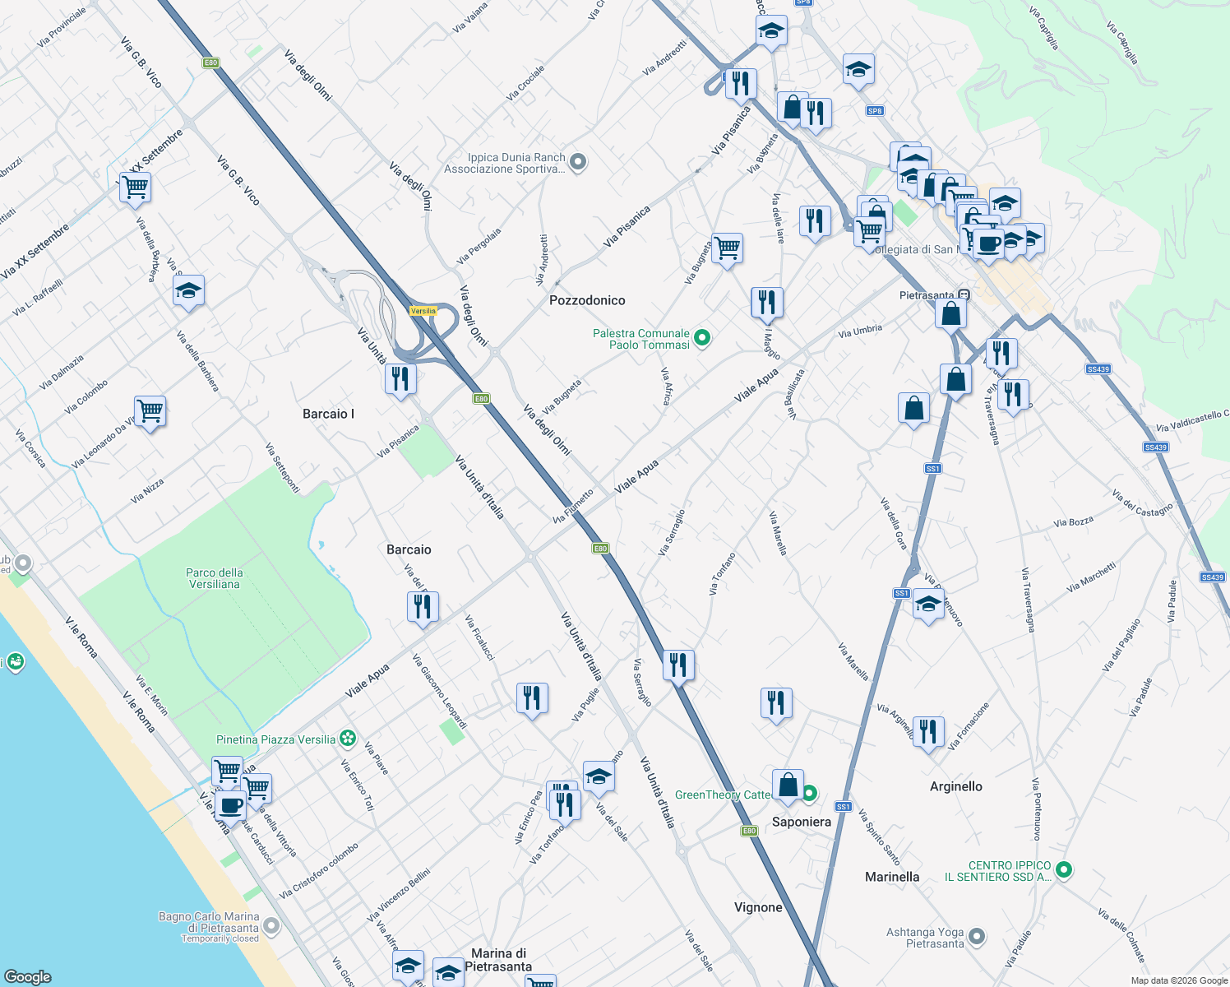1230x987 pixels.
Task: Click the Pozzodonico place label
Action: [x=587, y=301]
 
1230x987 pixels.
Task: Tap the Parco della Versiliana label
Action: [x=214, y=578]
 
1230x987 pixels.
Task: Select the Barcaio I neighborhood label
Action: [x=328, y=414]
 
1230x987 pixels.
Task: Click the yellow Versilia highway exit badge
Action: [x=423, y=311]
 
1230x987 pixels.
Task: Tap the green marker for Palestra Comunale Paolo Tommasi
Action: [x=702, y=338]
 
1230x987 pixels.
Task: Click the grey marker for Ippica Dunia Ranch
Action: [x=578, y=162]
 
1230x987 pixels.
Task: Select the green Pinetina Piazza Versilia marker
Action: [x=349, y=739]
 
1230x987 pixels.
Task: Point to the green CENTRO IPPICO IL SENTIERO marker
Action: [x=1063, y=869]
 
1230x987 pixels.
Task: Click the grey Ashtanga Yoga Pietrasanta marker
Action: [x=977, y=936]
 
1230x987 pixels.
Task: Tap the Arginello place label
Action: [x=955, y=786]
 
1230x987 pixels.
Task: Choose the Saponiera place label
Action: [x=801, y=822]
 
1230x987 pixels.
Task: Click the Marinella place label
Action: [x=892, y=877]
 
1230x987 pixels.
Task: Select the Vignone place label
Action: [x=758, y=907]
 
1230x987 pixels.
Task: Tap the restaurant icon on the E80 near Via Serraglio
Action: [x=678, y=663]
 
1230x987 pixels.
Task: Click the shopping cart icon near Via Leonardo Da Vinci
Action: [x=150, y=410]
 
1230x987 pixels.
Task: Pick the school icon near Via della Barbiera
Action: [x=189, y=290]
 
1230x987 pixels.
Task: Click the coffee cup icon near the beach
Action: [x=231, y=806]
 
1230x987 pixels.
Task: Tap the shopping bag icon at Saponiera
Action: [x=788, y=785]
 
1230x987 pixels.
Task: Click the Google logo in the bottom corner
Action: [x=27, y=976]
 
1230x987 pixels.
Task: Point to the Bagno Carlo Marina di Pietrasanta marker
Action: [x=271, y=926]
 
